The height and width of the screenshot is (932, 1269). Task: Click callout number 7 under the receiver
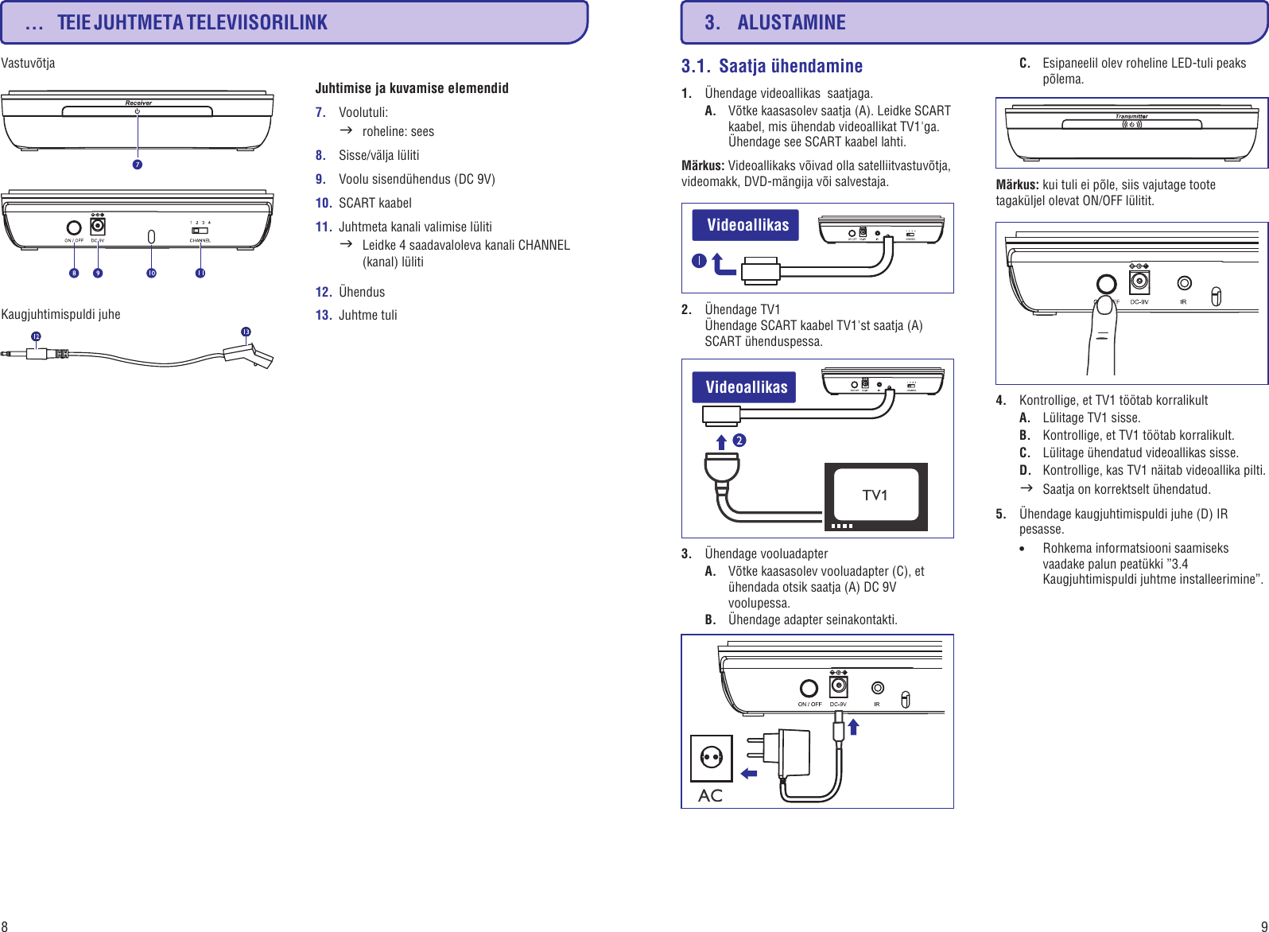(138, 165)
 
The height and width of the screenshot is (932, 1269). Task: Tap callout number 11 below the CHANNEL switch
(200, 273)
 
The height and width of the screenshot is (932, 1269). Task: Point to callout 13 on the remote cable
(246, 332)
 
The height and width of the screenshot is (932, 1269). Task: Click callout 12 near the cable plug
(36, 336)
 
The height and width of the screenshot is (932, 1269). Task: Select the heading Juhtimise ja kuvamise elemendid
(412, 88)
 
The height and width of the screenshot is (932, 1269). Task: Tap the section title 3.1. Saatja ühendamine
(771, 66)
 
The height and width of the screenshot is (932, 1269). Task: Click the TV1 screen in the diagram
(875, 495)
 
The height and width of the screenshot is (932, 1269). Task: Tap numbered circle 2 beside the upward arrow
(739, 441)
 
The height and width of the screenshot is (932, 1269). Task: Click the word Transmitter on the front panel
(1131, 116)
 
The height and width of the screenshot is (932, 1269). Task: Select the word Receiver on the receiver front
(138, 103)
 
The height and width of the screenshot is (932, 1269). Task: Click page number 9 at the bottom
(1263, 926)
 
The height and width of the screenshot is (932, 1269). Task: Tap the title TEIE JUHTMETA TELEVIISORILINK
(192, 23)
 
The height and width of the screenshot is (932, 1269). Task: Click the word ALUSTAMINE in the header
(791, 23)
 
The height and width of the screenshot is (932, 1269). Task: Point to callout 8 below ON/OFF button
(74, 273)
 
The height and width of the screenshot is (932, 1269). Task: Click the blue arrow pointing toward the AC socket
(748, 773)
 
